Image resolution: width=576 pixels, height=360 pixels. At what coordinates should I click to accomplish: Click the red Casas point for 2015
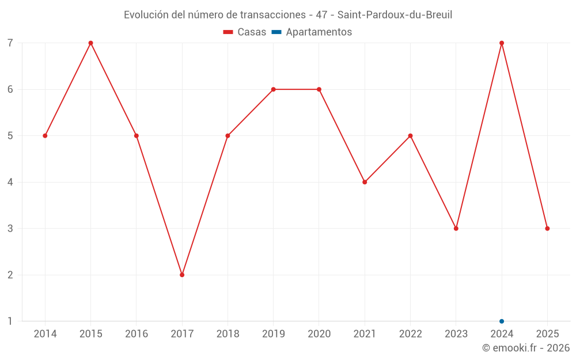click(x=90, y=43)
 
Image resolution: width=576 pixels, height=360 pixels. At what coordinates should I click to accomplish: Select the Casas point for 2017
click(x=182, y=275)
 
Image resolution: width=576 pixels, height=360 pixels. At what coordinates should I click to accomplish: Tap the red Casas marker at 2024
click(x=502, y=43)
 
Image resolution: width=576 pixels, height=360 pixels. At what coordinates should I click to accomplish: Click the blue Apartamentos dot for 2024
click(x=502, y=321)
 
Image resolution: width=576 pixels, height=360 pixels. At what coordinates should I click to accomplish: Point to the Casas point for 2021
click(x=365, y=182)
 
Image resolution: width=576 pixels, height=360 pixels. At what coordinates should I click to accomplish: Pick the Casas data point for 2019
click(x=273, y=89)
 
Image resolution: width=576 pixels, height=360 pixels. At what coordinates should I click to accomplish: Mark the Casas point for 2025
click(x=547, y=229)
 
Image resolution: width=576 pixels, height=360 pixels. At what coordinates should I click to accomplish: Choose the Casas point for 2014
click(x=45, y=136)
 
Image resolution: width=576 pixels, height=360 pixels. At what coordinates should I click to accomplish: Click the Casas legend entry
click(x=245, y=32)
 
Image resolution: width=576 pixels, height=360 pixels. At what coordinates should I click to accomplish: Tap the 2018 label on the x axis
click(x=228, y=334)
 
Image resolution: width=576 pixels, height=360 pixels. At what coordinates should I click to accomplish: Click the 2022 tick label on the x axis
click(x=410, y=334)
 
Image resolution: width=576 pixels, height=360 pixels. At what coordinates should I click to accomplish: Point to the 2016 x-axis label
click(x=137, y=334)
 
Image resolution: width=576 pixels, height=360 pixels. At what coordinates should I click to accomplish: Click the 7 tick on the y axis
click(x=10, y=43)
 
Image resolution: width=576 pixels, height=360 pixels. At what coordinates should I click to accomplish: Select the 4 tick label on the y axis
click(x=10, y=182)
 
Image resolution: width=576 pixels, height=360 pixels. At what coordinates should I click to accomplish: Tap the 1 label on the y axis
click(x=10, y=321)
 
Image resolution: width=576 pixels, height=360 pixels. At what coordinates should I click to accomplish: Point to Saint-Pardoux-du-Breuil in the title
click(x=395, y=15)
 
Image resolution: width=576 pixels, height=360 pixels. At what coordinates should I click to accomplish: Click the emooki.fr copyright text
click(x=526, y=348)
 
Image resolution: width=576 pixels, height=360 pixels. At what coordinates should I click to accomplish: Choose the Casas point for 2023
click(x=456, y=229)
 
